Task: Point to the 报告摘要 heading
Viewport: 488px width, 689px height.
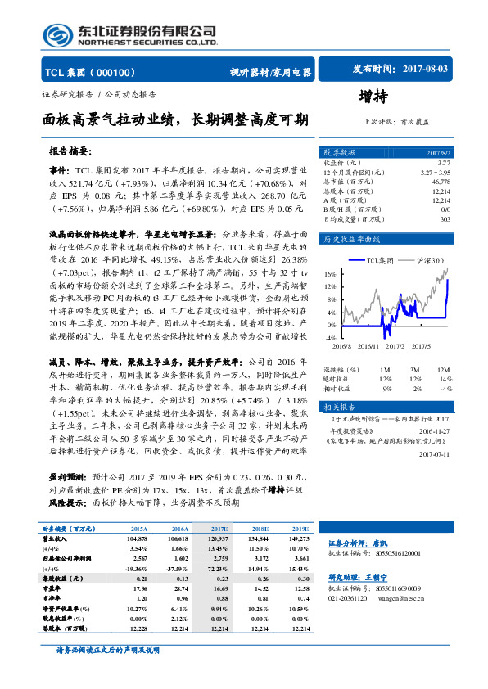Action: tap(70, 151)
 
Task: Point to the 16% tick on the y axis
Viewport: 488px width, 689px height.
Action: tap(329, 274)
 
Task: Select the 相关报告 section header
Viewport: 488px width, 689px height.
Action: tap(340, 407)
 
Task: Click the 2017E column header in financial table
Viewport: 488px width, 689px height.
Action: tap(219, 529)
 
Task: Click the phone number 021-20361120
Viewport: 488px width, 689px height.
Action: tap(349, 621)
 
